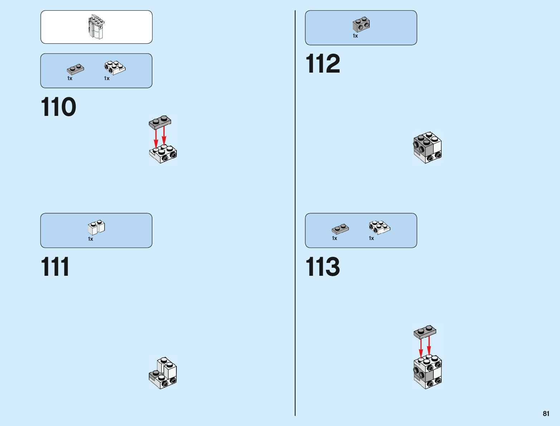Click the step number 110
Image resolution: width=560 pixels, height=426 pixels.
58,107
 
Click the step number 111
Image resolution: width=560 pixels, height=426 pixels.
55,267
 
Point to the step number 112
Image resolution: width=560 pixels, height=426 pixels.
322,64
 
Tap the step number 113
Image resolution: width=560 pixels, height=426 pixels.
322,267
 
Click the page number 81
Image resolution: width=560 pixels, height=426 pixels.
546,414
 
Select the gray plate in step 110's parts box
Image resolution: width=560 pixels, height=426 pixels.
75,69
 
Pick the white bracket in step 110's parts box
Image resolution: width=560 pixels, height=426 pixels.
115,68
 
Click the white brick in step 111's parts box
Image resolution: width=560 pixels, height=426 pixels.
96,227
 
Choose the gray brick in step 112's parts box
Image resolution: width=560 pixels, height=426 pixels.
361,25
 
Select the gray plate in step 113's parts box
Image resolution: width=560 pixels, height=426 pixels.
340,229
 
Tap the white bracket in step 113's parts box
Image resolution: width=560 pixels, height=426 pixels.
379,227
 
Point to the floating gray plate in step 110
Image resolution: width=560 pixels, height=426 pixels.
160,122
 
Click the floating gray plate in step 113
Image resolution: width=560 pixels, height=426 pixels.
425,332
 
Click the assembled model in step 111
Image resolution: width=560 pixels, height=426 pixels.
163,373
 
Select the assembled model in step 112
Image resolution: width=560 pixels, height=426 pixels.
427,148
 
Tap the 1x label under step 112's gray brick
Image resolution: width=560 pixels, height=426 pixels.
355,36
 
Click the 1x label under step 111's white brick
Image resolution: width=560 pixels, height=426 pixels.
91,239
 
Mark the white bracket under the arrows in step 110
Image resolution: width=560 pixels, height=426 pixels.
163,155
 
